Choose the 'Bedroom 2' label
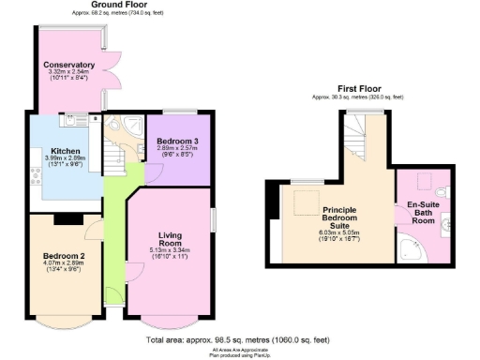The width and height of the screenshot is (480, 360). [x=64, y=256]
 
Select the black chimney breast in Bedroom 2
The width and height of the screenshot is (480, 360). [x=67, y=220]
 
